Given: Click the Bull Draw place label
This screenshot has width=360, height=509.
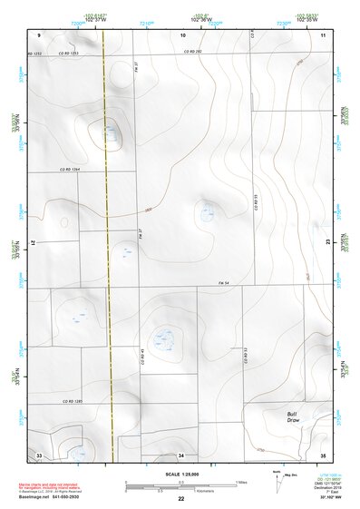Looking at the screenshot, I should [292, 416].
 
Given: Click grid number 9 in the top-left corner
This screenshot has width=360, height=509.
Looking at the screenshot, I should [40, 34].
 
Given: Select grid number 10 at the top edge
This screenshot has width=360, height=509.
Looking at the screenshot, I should [182, 34].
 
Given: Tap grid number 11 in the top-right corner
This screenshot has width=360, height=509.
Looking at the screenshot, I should [323, 34].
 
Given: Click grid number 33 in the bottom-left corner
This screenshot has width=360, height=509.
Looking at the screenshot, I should [39, 454].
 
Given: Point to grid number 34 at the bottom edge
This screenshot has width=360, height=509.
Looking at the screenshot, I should [181, 454].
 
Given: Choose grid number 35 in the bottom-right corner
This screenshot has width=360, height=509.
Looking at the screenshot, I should [322, 454].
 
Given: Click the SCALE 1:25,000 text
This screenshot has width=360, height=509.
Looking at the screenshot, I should [180, 473].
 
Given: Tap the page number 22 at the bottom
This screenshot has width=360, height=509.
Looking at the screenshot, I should [180, 500].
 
